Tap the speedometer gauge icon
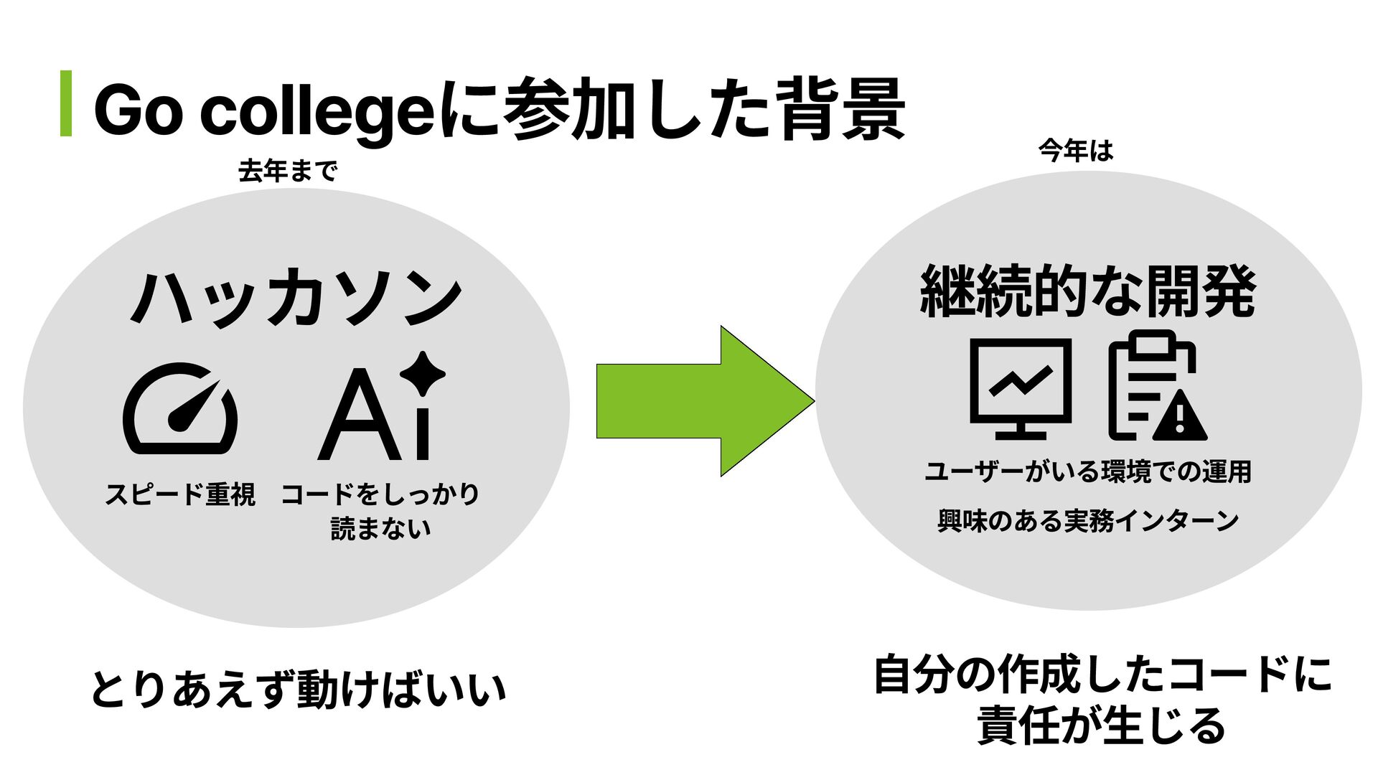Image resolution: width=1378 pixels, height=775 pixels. tap(180, 408)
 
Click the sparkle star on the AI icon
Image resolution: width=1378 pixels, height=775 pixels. tap(422, 372)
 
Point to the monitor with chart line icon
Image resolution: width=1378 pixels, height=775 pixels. tap(1021, 388)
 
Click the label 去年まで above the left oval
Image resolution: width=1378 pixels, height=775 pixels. tap(287, 172)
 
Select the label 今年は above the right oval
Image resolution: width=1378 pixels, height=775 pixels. tap(1075, 151)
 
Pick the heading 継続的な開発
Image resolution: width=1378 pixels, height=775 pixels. tap(1087, 291)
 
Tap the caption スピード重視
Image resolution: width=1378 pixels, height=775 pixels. tap(180, 494)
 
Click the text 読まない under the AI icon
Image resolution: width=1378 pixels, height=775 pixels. tap(380, 529)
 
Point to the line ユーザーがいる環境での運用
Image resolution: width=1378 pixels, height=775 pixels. tap(1087, 472)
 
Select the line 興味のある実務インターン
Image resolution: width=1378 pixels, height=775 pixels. tap(1087, 520)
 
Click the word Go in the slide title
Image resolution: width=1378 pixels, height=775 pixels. tap(136, 113)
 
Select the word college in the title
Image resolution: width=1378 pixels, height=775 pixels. tap(317, 115)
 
